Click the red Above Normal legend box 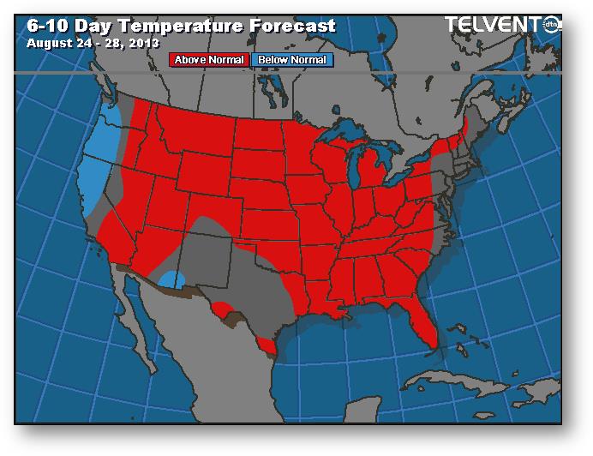[x=209, y=60]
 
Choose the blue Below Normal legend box [x=291, y=60]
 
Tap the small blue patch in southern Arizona [x=172, y=279]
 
